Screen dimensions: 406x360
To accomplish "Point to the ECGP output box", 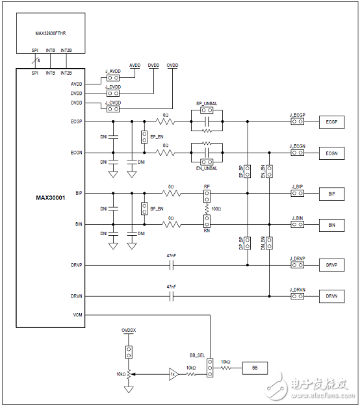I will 331,121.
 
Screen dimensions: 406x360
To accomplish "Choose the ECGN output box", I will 331,153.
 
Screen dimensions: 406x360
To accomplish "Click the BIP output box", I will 331,194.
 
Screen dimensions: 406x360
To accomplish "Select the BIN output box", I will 331,225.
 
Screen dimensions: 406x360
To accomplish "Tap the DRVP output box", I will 331,265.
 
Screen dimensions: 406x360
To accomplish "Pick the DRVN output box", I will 331,296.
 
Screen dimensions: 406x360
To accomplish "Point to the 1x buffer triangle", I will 172,374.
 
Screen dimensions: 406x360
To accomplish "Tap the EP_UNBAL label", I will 206,103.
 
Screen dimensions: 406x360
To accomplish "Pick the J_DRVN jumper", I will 297,296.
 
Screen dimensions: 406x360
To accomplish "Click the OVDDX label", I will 129,331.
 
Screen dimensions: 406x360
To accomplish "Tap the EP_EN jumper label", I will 156,137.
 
